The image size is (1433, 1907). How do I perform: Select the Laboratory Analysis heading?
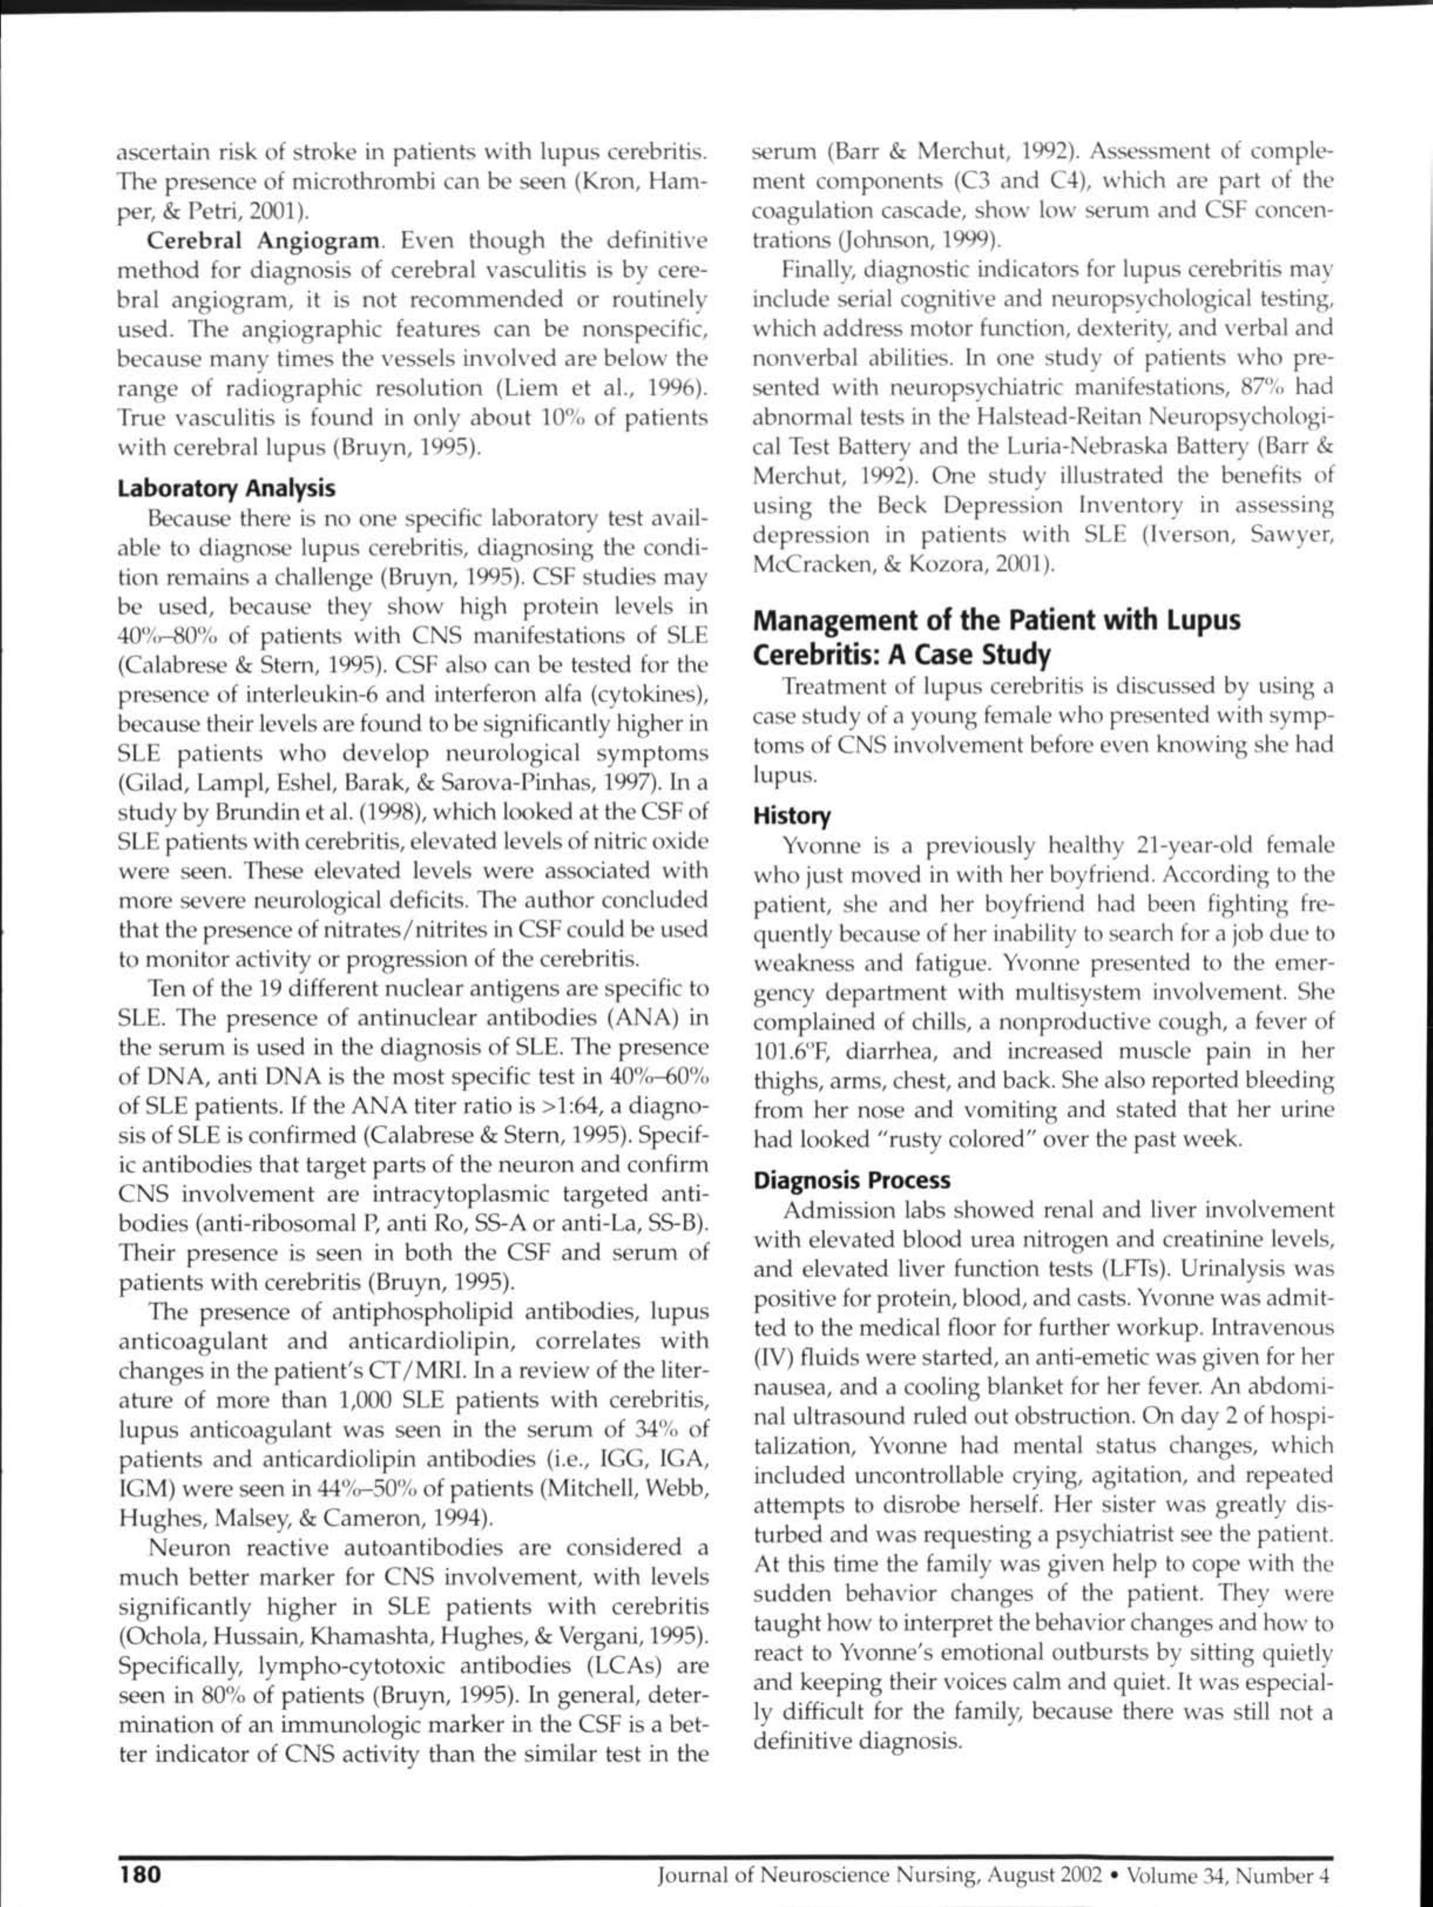pyautogui.click(x=226, y=489)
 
